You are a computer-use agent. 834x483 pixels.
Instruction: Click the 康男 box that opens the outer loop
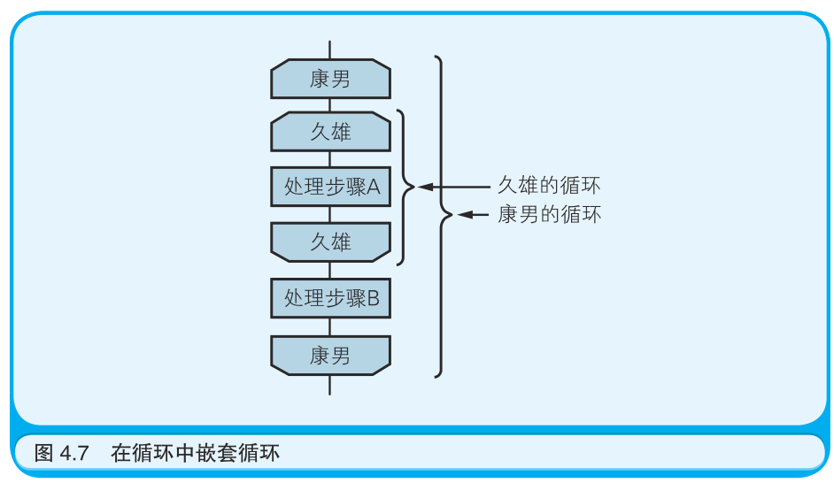330,80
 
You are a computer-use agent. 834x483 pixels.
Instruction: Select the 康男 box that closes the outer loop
330,355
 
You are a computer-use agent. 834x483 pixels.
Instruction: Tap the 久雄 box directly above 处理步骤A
330,133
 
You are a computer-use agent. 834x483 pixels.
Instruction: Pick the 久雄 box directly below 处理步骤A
330,241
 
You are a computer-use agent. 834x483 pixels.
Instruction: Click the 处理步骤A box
330,187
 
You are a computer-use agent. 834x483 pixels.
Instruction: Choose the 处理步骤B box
330,298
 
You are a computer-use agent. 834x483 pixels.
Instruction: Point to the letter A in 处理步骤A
373,187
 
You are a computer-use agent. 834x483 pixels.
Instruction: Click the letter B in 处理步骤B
373,298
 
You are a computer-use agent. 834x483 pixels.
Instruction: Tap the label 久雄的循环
549,187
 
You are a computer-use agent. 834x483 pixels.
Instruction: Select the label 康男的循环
549,214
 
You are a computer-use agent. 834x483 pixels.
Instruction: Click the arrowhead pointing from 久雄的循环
424,187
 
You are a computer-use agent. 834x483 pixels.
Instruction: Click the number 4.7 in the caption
74,455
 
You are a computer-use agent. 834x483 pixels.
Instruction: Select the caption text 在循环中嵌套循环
195,455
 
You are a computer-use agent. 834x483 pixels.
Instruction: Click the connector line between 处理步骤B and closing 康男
330,326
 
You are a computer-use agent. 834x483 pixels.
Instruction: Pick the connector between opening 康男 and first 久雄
330,105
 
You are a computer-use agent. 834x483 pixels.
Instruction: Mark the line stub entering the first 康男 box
330,50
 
